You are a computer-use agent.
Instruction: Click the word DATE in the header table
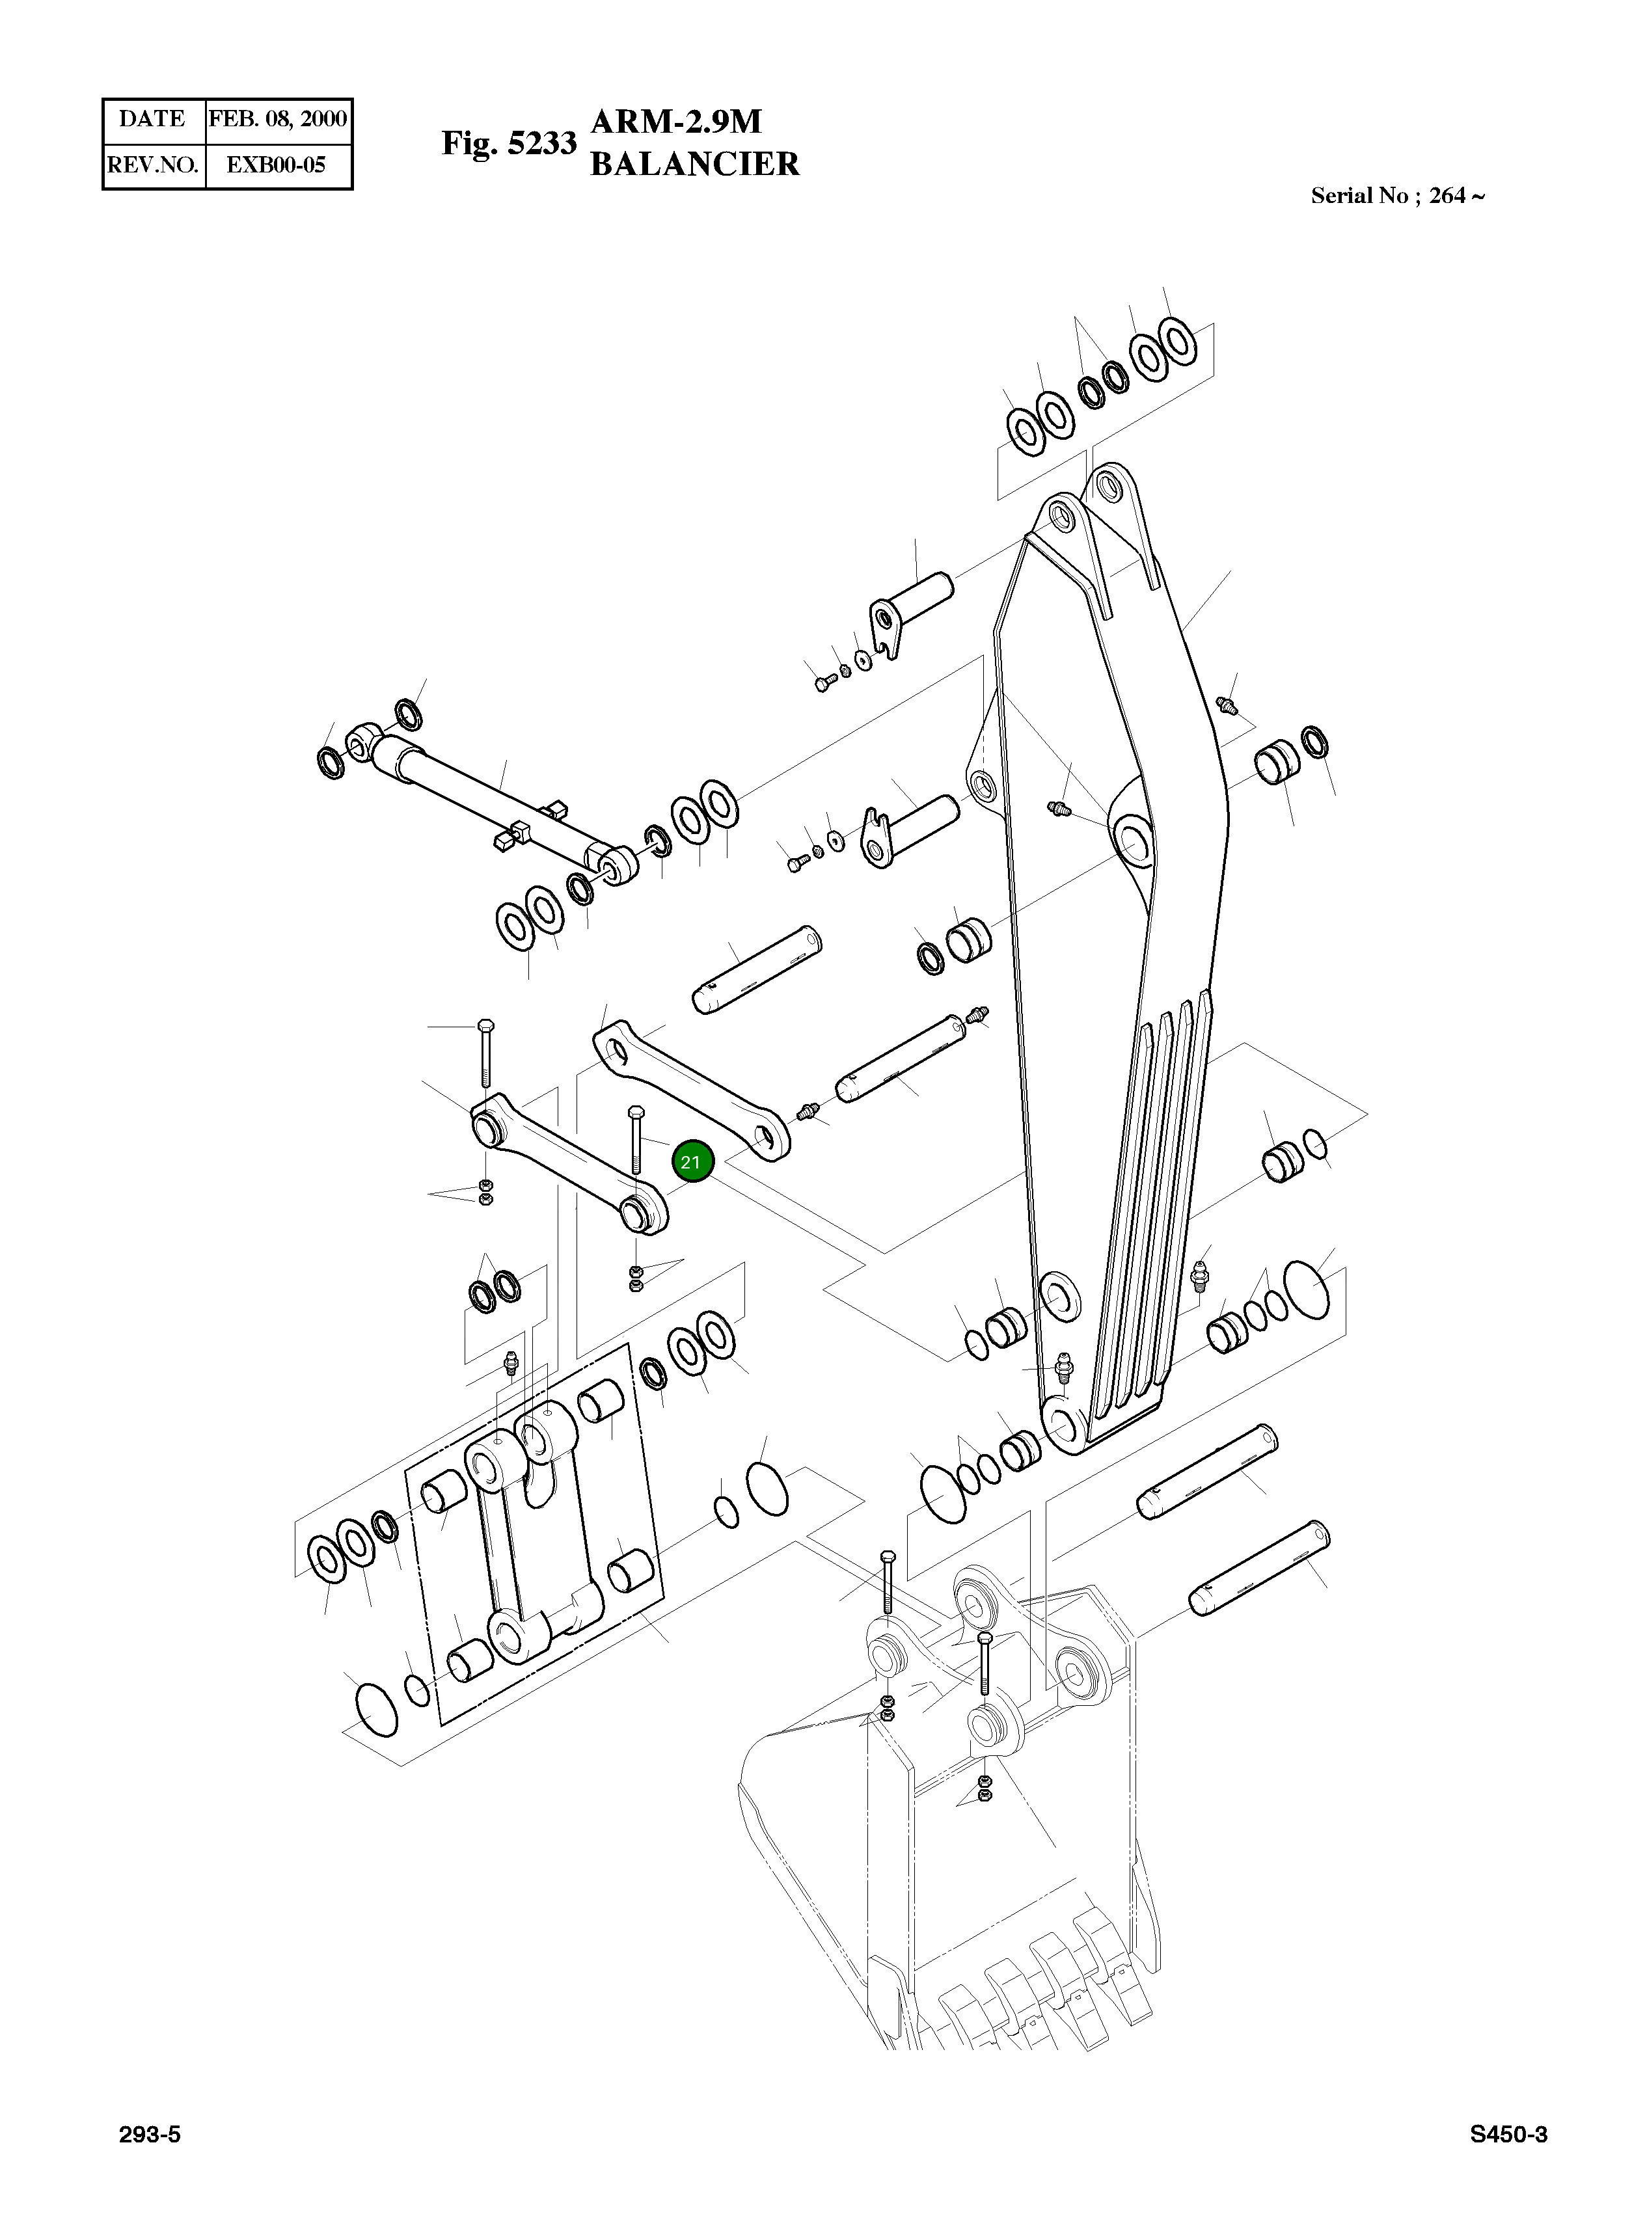(152, 120)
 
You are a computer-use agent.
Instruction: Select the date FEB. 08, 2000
(278, 120)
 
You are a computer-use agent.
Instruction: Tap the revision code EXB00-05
(277, 165)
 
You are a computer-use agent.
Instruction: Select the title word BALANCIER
(695, 164)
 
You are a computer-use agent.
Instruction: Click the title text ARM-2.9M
(677, 122)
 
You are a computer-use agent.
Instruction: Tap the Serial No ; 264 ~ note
(1398, 196)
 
